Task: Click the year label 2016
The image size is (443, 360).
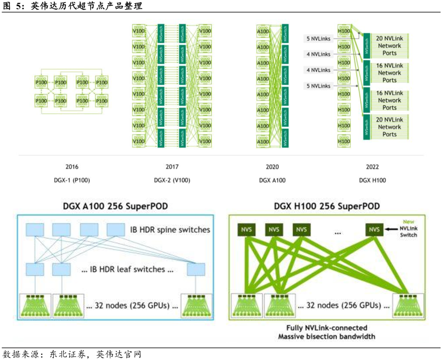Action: click(x=72, y=167)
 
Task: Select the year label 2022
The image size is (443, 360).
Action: click(x=372, y=167)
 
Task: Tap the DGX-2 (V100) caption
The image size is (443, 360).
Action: click(x=172, y=180)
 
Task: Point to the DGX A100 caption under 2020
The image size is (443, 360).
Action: click(x=272, y=180)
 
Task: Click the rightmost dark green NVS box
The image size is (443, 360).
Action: click(x=374, y=229)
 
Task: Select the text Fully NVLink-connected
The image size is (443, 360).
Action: click(x=327, y=328)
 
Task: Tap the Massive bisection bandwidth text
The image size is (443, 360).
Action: click(x=327, y=337)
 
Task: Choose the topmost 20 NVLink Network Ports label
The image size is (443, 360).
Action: click(x=390, y=46)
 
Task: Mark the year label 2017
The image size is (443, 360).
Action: click(x=172, y=167)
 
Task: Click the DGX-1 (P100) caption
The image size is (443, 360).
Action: click(x=72, y=180)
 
